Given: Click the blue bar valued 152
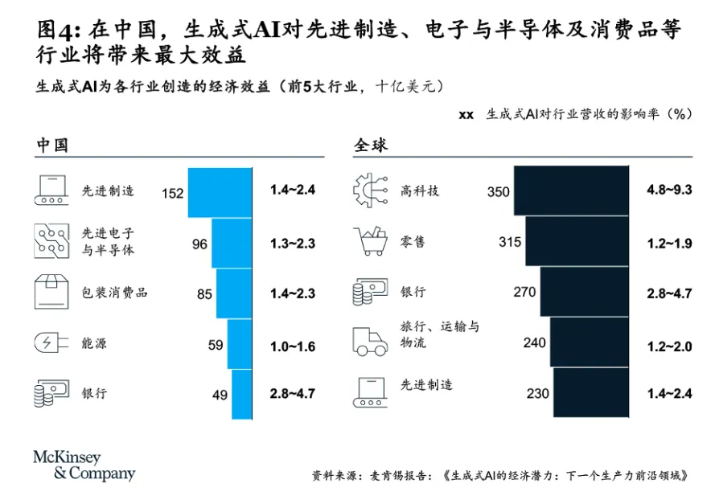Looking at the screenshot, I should tap(220, 193).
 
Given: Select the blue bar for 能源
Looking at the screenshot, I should tap(240, 344).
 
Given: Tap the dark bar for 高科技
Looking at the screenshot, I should tap(571, 191).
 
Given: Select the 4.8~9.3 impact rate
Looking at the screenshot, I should tap(669, 191).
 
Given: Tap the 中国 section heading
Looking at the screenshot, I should tap(51, 145).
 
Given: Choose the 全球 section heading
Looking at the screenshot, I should tap(370, 145).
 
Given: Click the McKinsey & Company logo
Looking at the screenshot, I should tap(84, 465).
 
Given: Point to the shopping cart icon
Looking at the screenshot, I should tap(372, 242).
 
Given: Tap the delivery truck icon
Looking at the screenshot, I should tap(371, 341).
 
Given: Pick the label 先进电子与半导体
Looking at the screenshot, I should tap(108, 241).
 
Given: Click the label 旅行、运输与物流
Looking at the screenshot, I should tap(439, 334).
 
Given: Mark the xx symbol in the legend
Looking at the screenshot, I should tap(466, 115).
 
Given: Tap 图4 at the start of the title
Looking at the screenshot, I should tap(58, 31).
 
